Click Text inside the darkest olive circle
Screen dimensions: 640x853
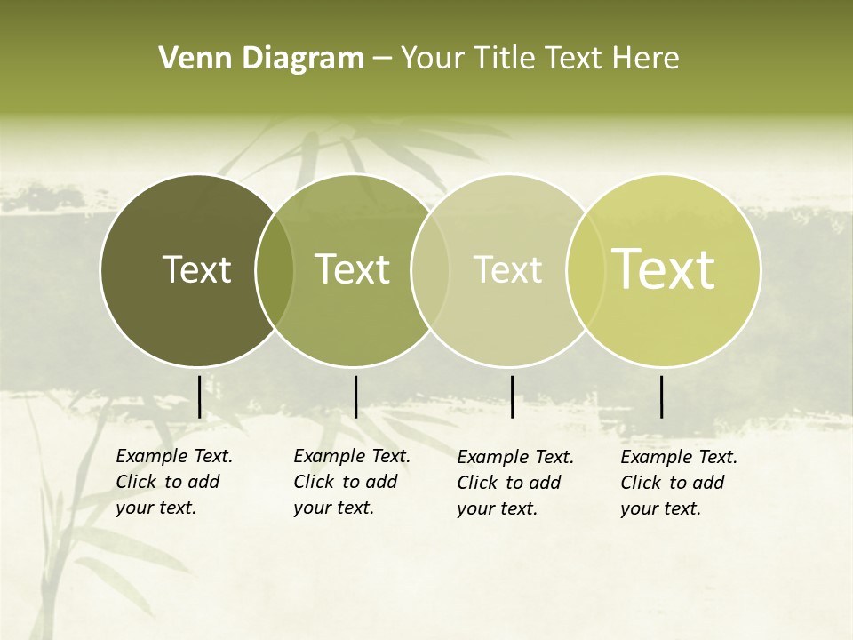[x=196, y=269]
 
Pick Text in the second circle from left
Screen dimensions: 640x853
[x=353, y=269]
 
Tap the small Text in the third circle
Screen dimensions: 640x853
[x=508, y=269]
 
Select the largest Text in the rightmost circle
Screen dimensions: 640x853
[x=664, y=269]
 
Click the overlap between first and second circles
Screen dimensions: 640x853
[x=275, y=270]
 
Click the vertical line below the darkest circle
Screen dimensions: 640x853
[x=200, y=396]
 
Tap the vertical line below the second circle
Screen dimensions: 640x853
[x=355, y=396]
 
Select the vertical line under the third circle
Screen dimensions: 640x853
[x=513, y=396]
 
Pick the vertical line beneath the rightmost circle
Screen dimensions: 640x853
[x=662, y=396]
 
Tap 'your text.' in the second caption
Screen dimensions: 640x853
[x=333, y=508]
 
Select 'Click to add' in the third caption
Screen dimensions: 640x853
[x=509, y=483]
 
